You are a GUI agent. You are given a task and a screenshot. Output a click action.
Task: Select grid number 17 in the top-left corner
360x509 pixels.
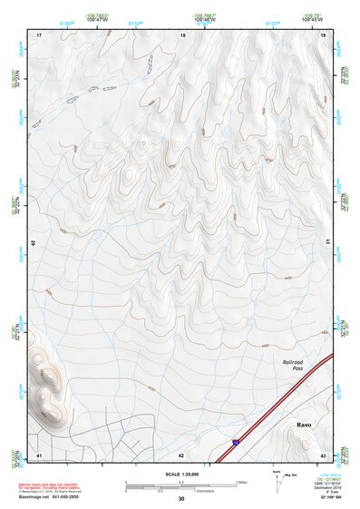(x=39, y=34)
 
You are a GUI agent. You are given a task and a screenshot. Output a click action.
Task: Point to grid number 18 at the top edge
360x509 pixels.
(x=183, y=34)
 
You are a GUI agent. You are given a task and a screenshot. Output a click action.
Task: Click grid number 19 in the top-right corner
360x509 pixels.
(x=323, y=34)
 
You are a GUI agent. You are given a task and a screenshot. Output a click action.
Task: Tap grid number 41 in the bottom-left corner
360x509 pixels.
(x=39, y=454)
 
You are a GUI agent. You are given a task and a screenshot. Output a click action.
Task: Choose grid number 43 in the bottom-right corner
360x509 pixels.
(x=323, y=454)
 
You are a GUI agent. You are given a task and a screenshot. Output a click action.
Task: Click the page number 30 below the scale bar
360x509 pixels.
(x=180, y=499)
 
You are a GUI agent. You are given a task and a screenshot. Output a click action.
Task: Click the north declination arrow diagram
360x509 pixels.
(x=276, y=482)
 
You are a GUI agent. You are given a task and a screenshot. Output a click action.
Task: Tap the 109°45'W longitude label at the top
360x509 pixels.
(x=312, y=19)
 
